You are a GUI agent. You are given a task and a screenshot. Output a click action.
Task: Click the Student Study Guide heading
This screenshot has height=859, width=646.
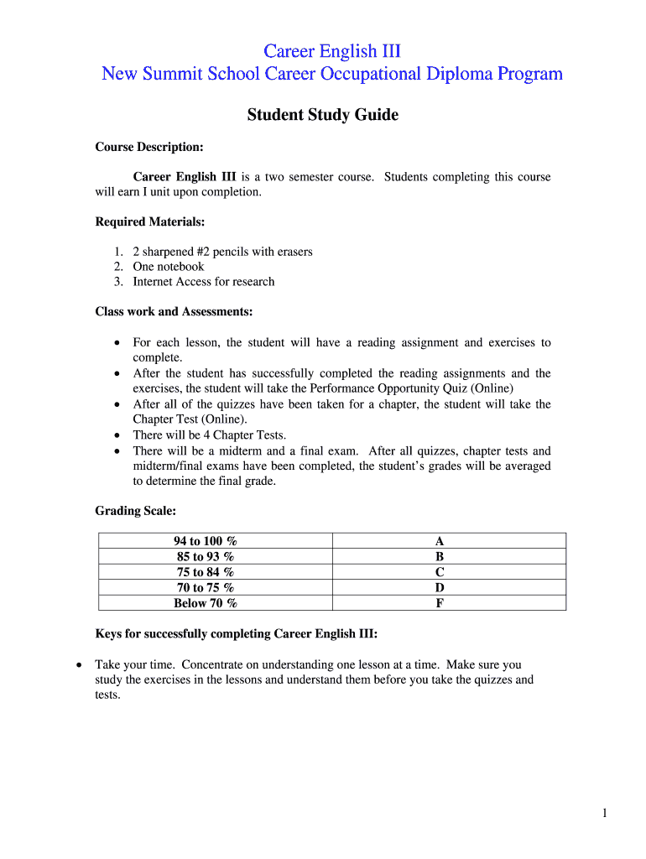[x=322, y=115]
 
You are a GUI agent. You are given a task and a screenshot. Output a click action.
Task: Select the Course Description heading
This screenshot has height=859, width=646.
[x=148, y=147]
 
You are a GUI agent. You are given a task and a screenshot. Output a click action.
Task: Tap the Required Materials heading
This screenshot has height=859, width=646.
[x=149, y=221]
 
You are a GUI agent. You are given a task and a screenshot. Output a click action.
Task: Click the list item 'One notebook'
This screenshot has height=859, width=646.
[x=168, y=267]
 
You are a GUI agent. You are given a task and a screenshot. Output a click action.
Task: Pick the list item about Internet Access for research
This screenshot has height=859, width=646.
[x=203, y=282]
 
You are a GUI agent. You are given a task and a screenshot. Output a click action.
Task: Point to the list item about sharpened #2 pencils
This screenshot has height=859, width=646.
[x=222, y=252]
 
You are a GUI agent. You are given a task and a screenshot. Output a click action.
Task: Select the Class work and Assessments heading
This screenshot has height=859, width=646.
[x=174, y=311]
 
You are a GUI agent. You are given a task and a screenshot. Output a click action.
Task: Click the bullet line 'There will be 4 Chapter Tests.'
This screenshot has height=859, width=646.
[x=209, y=435]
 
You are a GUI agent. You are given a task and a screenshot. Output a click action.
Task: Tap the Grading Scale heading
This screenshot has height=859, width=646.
[x=135, y=510]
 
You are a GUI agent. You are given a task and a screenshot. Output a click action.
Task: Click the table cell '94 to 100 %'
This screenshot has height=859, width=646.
[x=206, y=541]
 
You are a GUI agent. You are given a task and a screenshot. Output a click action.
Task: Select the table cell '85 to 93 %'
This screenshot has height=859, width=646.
[x=206, y=556]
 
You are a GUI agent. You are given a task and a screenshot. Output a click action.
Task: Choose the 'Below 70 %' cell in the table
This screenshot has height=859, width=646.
[x=206, y=602]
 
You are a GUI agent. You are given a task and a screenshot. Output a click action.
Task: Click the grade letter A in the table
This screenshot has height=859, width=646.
[x=439, y=541]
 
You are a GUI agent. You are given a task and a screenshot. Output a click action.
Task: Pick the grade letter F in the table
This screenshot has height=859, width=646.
[x=439, y=602]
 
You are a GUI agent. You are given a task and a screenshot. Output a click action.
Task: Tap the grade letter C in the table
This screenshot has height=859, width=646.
[x=439, y=572]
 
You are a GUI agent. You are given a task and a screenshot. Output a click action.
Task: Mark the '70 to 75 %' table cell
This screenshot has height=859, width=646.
[x=206, y=587]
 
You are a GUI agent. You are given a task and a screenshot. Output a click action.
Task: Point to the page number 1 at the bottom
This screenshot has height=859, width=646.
[x=603, y=812]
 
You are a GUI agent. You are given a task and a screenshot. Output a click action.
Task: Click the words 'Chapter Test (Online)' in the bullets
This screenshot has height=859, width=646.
[x=190, y=419]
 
